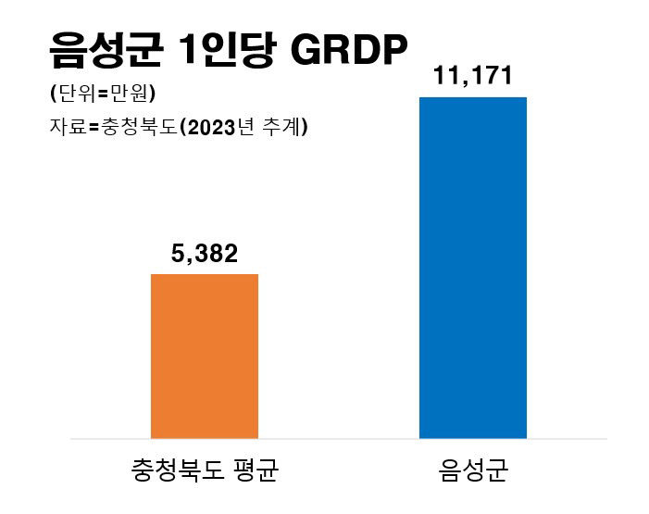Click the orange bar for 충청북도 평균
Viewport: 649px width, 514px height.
[204, 356]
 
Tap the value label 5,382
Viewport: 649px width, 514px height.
[205, 253]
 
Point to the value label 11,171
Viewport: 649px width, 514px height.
[473, 75]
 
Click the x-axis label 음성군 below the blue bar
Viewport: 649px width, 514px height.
[473, 470]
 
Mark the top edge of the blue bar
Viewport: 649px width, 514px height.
[473, 97]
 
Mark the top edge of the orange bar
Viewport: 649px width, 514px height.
[204, 275]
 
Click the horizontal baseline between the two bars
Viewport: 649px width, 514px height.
[338, 438]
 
